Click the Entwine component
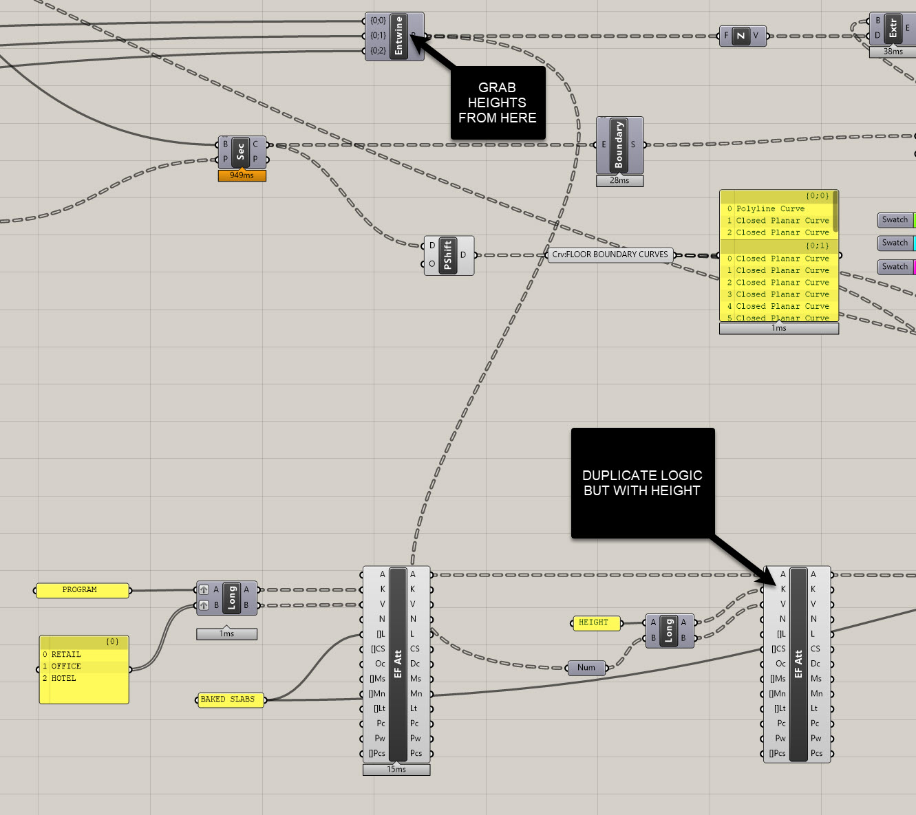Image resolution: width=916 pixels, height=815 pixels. point(398,36)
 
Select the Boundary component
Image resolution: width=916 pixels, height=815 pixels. point(619,144)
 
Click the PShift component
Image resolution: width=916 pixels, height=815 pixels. point(447,255)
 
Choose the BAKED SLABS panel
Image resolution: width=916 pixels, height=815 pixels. point(228,699)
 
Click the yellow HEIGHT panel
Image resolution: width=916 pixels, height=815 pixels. point(594,622)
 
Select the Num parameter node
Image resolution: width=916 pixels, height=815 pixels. point(586,667)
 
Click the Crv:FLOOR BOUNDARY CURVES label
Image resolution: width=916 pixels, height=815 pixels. point(610,254)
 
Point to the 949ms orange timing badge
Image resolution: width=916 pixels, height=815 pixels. point(242,175)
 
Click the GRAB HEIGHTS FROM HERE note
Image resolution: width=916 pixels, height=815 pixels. point(498,102)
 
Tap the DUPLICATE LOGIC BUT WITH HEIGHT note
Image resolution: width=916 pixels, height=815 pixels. point(642,483)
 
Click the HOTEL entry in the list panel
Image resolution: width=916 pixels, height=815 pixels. point(64,678)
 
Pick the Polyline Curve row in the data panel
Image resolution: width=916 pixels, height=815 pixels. point(770,208)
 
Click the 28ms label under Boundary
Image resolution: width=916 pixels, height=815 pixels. point(619,181)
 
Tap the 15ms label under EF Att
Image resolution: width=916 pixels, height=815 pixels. point(396,770)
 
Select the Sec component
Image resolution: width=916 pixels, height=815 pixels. point(240,152)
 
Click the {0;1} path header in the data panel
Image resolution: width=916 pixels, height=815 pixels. point(818,246)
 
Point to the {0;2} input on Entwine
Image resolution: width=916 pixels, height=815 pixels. point(377,51)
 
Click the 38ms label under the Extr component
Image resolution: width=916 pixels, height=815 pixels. point(893,52)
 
